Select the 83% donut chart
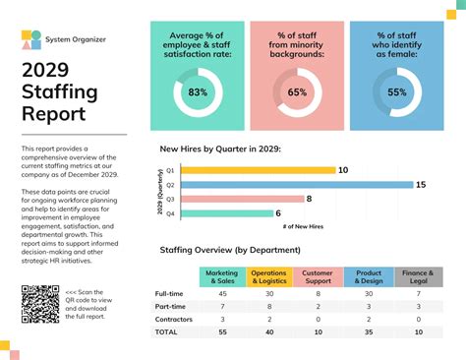[198, 92]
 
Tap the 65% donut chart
[297, 92]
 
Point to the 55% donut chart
[396, 92]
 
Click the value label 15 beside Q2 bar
[420, 185]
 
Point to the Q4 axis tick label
[170, 212]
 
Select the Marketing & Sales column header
[222, 276]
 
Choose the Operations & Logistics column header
[268, 276]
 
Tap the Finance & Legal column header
[419, 276]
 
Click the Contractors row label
[173, 320]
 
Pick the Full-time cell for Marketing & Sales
[222, 294]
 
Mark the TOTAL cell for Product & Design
[369, 333]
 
